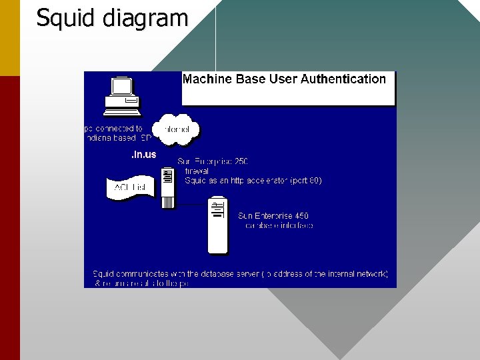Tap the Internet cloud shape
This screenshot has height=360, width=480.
[176, 129]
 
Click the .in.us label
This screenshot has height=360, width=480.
[143, 155]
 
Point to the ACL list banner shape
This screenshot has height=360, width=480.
[130, 187]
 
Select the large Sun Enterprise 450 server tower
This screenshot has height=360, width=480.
[217, 225]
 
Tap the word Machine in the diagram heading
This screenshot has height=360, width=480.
[207, 79]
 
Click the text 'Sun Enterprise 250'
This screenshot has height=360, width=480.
[213, 161]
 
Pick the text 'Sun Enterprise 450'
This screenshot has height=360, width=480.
[273, 216]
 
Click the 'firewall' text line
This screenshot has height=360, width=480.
[197, 171]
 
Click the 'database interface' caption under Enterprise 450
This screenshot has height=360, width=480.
[279, 225]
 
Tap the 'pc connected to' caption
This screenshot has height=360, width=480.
[114, 128]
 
